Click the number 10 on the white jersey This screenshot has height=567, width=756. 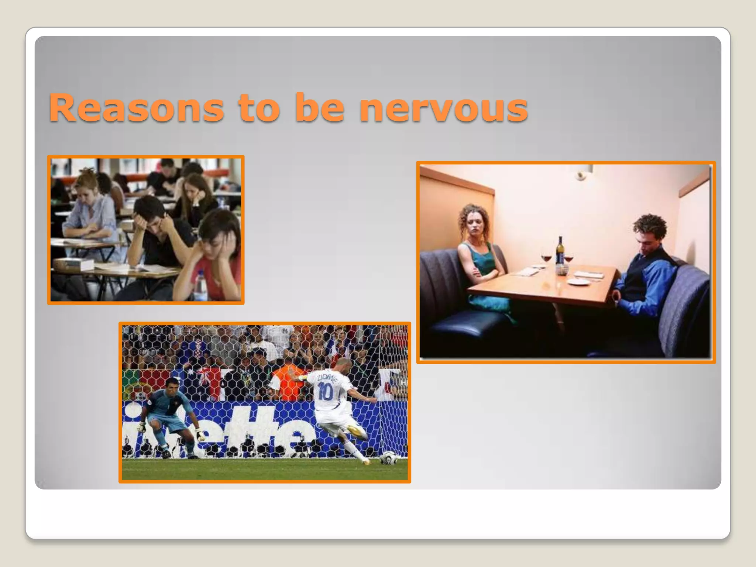pyautogui.click(x=325, y=391)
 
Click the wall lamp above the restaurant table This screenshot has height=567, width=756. pyautogui.click(x=582, y=174)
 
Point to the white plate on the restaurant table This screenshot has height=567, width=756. pyautogui.click(x=578, y=282)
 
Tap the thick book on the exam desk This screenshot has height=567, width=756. pyautogui.click(x=73, y=264)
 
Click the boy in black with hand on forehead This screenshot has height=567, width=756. pyautogui.click(x=155, y=233)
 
